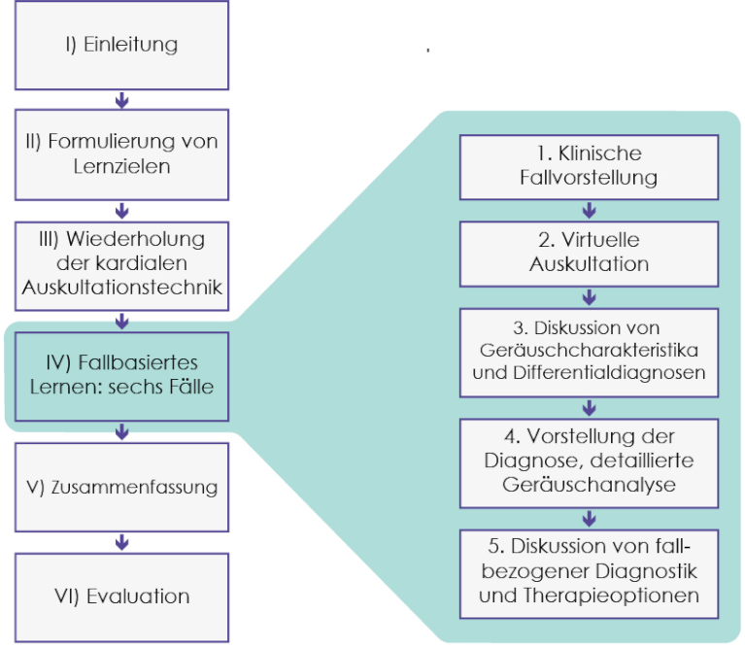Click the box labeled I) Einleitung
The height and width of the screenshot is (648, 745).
(x=121, y=45)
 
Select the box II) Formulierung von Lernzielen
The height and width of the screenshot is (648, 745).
(x=121, y=153)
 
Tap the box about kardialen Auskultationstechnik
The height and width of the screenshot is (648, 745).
(x=121, y=262)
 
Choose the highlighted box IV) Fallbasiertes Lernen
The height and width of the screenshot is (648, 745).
(x=121, y=373)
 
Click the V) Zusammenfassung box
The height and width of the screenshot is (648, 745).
(x=121, y=487)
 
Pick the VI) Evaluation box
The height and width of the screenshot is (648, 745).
(x=121, y=597)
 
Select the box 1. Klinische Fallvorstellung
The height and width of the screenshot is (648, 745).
(x=589, y=166)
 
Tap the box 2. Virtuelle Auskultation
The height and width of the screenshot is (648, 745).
(x=589, y=252)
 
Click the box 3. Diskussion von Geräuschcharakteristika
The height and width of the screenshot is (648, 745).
(x=589, y=351)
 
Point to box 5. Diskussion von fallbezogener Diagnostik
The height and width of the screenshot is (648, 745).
(x=589, y=570)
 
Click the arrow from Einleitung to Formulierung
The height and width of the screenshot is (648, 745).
(x=121, y=99)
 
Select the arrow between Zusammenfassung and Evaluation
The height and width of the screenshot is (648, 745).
(x=121, y=542)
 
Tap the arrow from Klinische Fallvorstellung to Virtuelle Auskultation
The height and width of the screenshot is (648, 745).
(x=589, y=210)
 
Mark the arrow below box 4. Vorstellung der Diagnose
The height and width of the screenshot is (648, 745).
(x=589, y=518)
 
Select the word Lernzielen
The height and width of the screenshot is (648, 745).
(x=121, y=166)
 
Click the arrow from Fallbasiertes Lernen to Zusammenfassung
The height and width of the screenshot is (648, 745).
(x=121, y=431)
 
